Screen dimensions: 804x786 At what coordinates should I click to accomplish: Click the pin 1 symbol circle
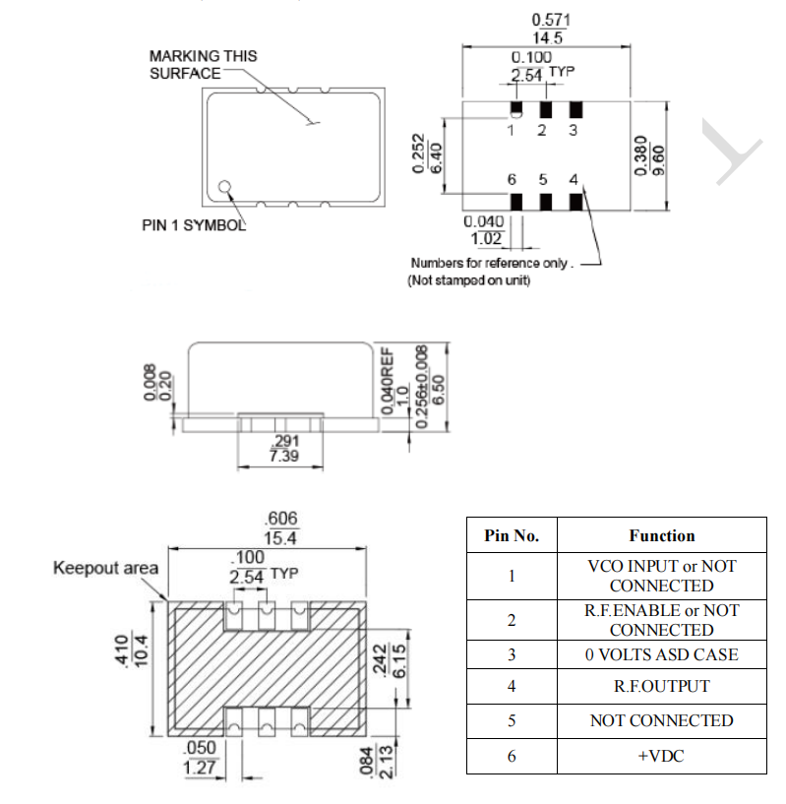point(225,185)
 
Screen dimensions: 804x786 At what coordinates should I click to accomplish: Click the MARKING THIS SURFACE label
point(203,65)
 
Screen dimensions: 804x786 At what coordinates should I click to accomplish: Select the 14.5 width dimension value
point(547,38)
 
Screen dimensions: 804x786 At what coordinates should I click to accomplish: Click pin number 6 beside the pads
point(512,180)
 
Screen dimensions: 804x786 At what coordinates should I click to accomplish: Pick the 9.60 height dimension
point(660,155)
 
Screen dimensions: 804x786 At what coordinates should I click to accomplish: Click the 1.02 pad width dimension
point(487,238)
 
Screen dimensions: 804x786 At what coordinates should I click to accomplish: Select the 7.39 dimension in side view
point(283,458)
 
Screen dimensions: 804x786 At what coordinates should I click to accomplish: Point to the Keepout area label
point(105,568)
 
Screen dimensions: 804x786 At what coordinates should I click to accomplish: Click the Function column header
point(661,536)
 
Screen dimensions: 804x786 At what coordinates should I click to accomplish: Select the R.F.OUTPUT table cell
point(661,686)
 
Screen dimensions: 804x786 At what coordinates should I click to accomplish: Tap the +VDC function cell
point(661,756)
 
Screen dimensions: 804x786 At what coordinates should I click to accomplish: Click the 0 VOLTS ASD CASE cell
point(661,654)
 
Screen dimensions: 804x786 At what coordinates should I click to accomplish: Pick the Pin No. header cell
point(512,536)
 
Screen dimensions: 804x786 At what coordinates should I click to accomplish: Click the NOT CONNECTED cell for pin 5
point(661,720)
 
